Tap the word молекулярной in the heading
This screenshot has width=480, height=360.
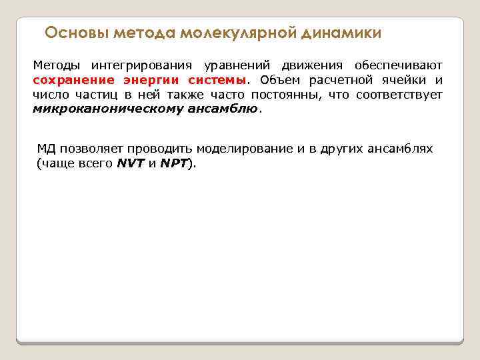point(238,33)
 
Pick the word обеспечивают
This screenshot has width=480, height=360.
point(399,66)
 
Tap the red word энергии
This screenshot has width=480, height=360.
point(142,81)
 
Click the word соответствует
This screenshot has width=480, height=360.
point(399,95)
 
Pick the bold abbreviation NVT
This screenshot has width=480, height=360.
point(131,163)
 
